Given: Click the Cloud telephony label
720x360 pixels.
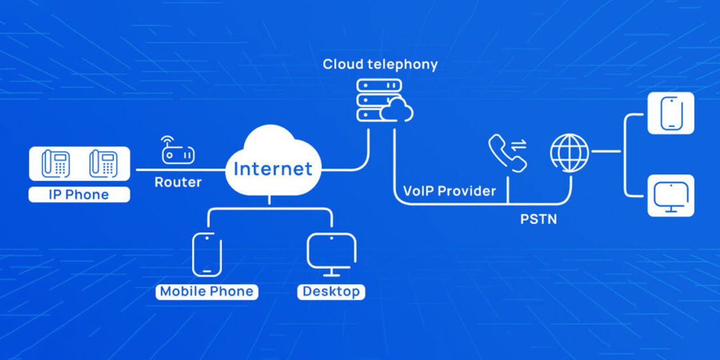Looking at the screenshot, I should coord(380,64).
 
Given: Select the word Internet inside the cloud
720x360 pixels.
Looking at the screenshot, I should coord(272,168).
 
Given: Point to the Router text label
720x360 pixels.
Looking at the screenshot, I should coord(178,182).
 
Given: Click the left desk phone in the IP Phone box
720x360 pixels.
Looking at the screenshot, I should coord(55,163).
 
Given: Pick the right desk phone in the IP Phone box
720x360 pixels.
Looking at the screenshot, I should coord(104,163).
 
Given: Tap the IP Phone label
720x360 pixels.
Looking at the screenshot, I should coord(79,195).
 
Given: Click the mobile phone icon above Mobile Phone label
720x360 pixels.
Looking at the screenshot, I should coord(207,254).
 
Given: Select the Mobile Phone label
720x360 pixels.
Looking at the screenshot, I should coord(207,291).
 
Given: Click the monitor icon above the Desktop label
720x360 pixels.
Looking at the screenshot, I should coord(331,254).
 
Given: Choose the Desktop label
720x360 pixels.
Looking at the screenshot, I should coord(331,291).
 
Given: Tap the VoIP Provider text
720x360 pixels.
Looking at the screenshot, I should coord(449,191).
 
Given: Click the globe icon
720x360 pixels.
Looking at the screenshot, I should coord(569,152).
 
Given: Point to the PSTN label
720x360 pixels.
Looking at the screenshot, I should coord(538,219).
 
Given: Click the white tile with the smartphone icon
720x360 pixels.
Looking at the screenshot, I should coord(671,113).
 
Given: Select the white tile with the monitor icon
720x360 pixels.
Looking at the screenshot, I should coord(671,196).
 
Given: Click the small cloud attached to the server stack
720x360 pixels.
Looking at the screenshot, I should coord(398,111).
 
